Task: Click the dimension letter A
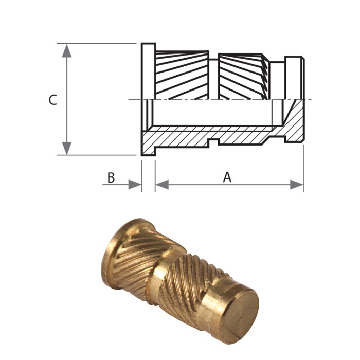coord(227,177)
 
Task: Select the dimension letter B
coord(111,177)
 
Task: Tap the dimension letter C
coord(52,100)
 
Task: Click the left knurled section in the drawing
coord(182,75)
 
